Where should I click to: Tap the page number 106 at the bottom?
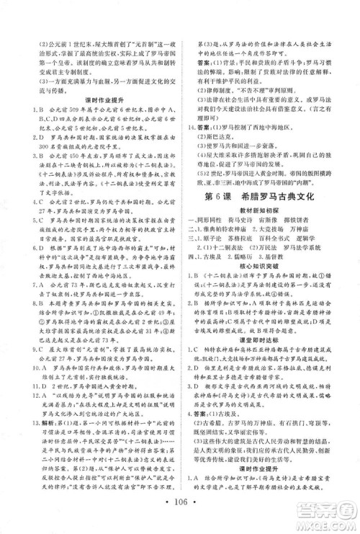(x=179, y=515)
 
